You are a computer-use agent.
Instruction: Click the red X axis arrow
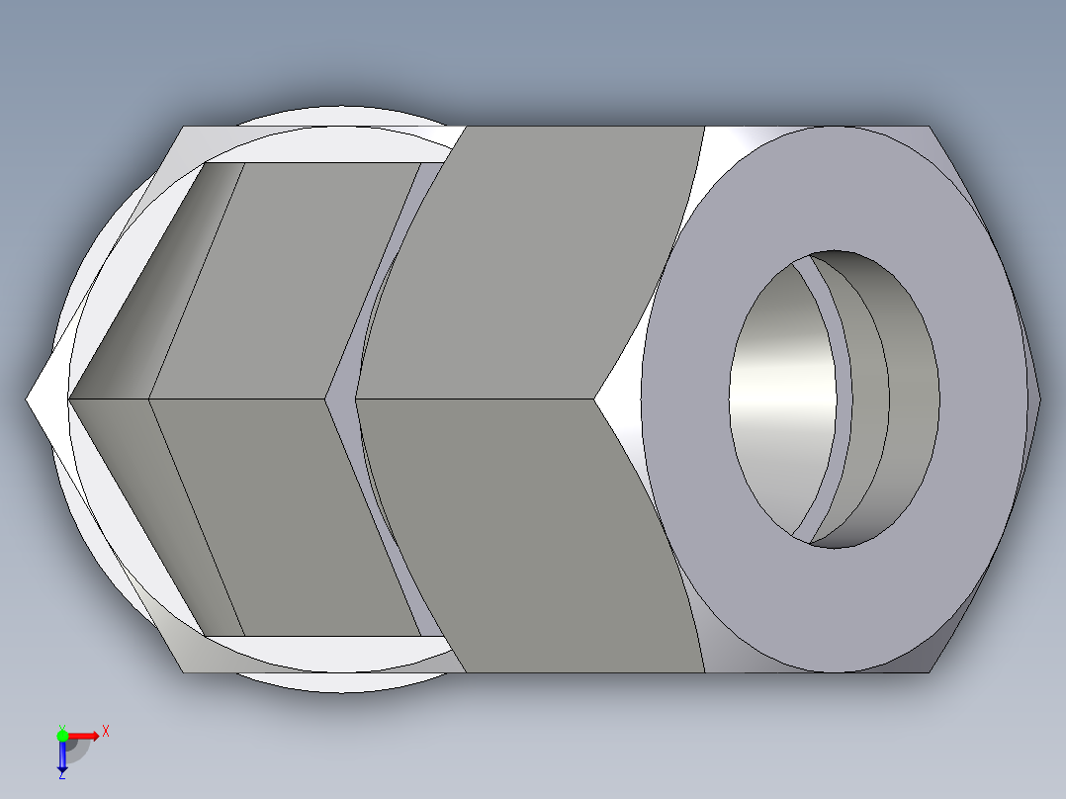tap(86, 735)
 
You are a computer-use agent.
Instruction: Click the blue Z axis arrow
tap(62, 756)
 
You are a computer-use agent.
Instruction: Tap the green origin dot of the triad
tap(62, 735)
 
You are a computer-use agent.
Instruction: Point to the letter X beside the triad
tap(106, 731)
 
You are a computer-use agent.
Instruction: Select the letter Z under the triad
tap(61, 776)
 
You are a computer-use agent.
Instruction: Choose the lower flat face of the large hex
tap(534, 534)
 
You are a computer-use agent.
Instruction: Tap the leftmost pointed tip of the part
tap(28, 399)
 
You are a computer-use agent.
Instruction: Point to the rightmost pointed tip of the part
tap(1040, 399)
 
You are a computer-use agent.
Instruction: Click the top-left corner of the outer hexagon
tap(183, 128)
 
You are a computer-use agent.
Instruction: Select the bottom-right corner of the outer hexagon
tap(930, 671)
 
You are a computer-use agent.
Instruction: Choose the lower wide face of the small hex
tap(287, 514)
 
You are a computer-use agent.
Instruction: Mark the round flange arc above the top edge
tap(336, 114)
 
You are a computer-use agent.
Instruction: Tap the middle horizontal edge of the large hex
tap(475, 399)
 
